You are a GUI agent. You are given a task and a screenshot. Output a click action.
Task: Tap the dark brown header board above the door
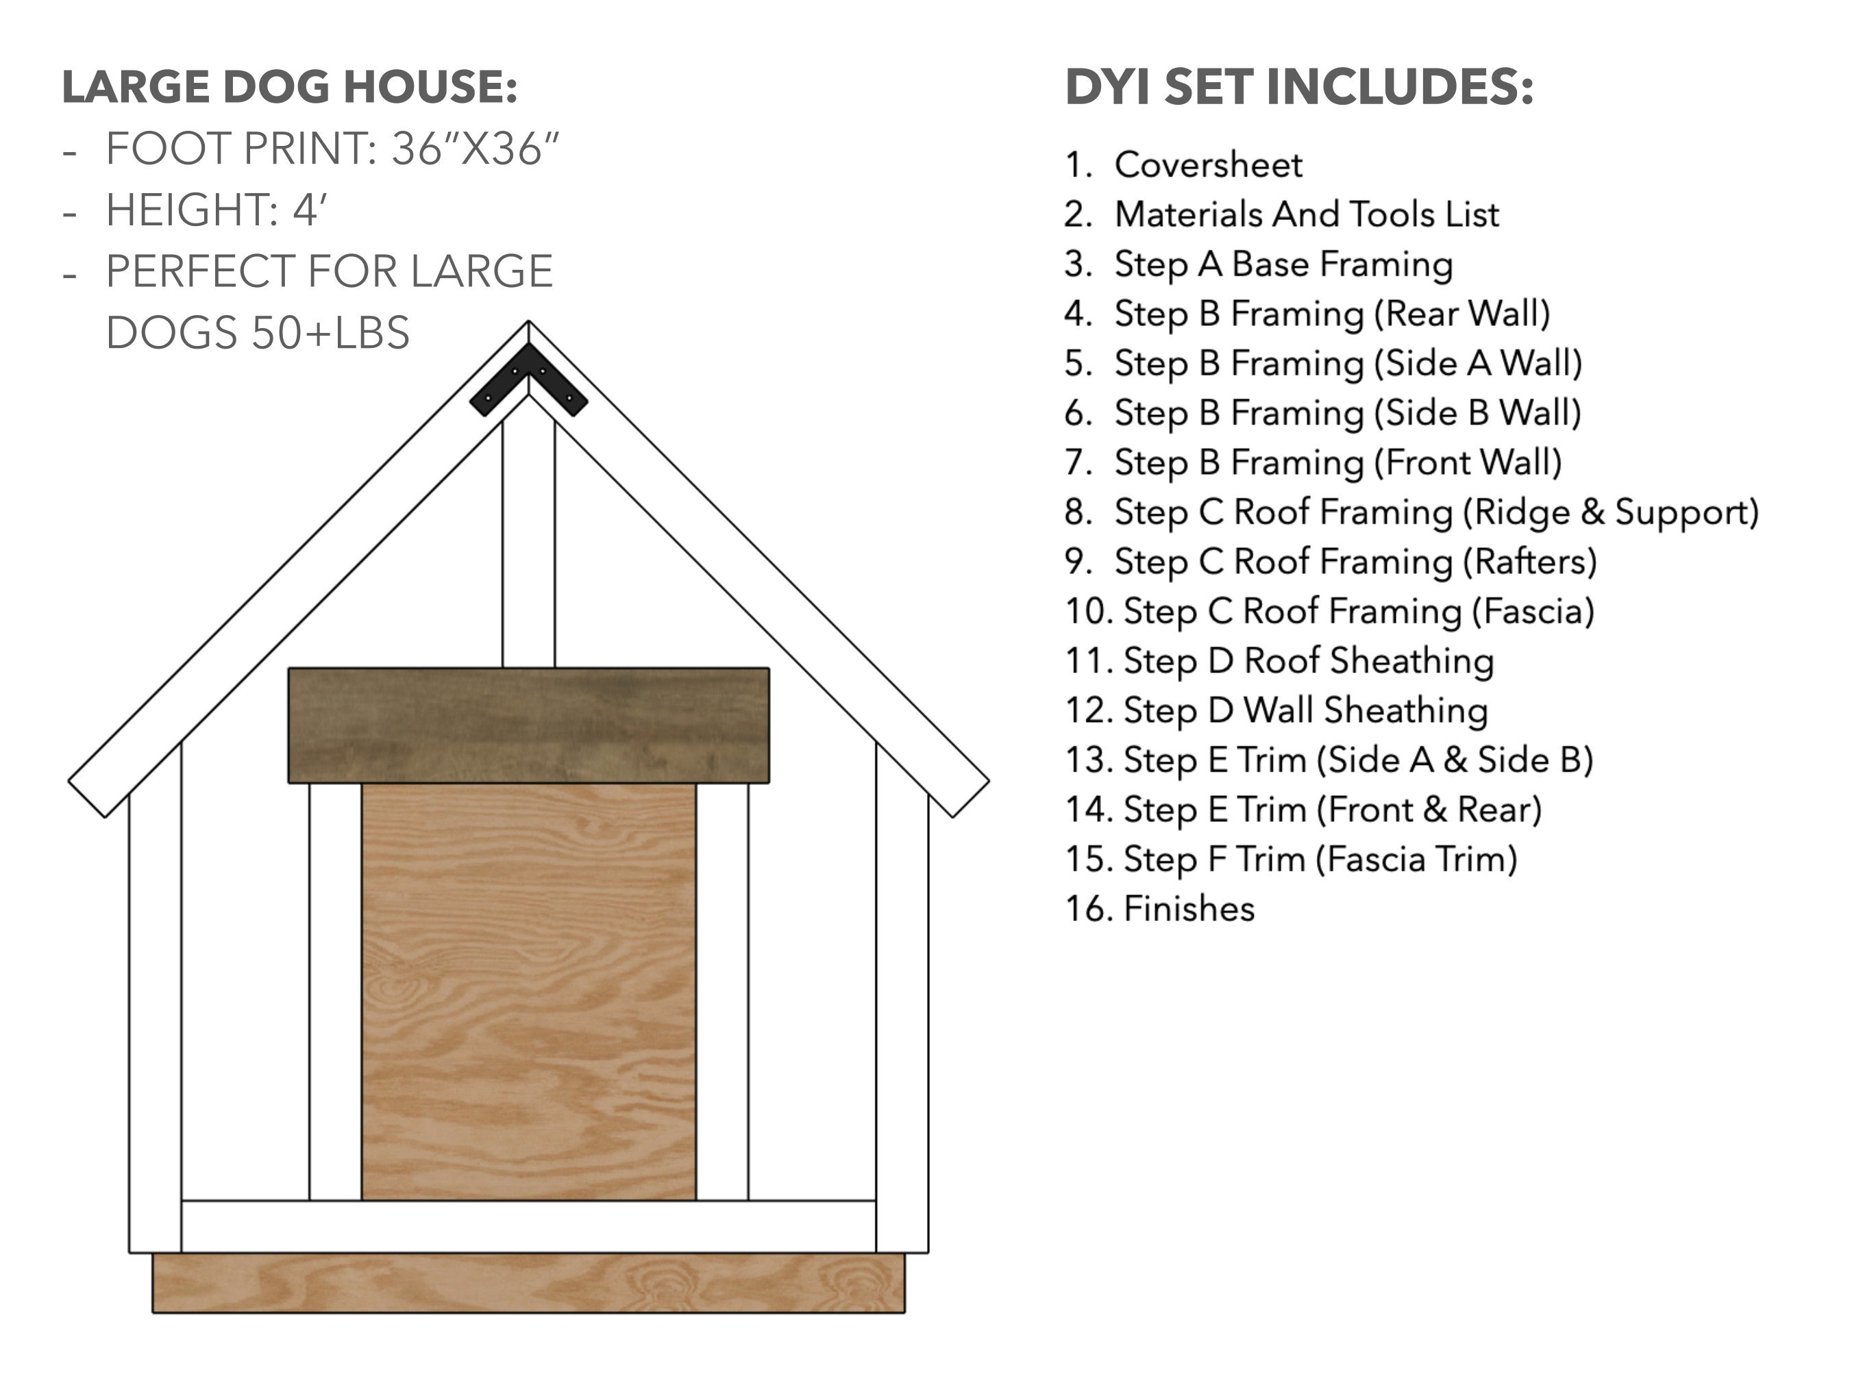pyautogui.click(x=528, y=725)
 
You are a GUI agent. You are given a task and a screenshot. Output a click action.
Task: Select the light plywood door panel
pyautogui.click(x=528, y=990)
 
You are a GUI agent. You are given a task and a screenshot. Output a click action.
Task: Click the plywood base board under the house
pyautogui.click(x=528, y=1282)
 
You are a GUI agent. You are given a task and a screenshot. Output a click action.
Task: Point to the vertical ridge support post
pyautogui.click(x=528, y=543)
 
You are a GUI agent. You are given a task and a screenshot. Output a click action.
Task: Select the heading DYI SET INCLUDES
pyautogui.click(x=1299, y=87)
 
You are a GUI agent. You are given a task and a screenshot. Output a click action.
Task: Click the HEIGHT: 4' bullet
pyautogui.click(x=216, y=210)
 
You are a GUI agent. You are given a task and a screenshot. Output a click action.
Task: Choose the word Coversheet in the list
pyautogui.click(x=1208, y=164)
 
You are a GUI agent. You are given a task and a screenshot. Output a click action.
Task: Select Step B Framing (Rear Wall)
pyautogui.click(x=1331, y=314)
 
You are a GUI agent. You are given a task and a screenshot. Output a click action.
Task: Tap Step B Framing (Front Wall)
pyautogui.click(x=1337, y=462)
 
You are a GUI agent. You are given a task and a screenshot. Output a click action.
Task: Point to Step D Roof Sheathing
pyautogui.click(x=1308, y=660)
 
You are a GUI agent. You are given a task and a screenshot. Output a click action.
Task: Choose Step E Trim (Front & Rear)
pyautogui.click(x=1331, y=810)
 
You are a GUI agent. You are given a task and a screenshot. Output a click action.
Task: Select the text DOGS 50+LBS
pyautogui.click(x=258, y=333)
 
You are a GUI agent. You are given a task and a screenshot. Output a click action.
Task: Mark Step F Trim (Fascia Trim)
pyautogui.click(x=1320, y=859)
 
